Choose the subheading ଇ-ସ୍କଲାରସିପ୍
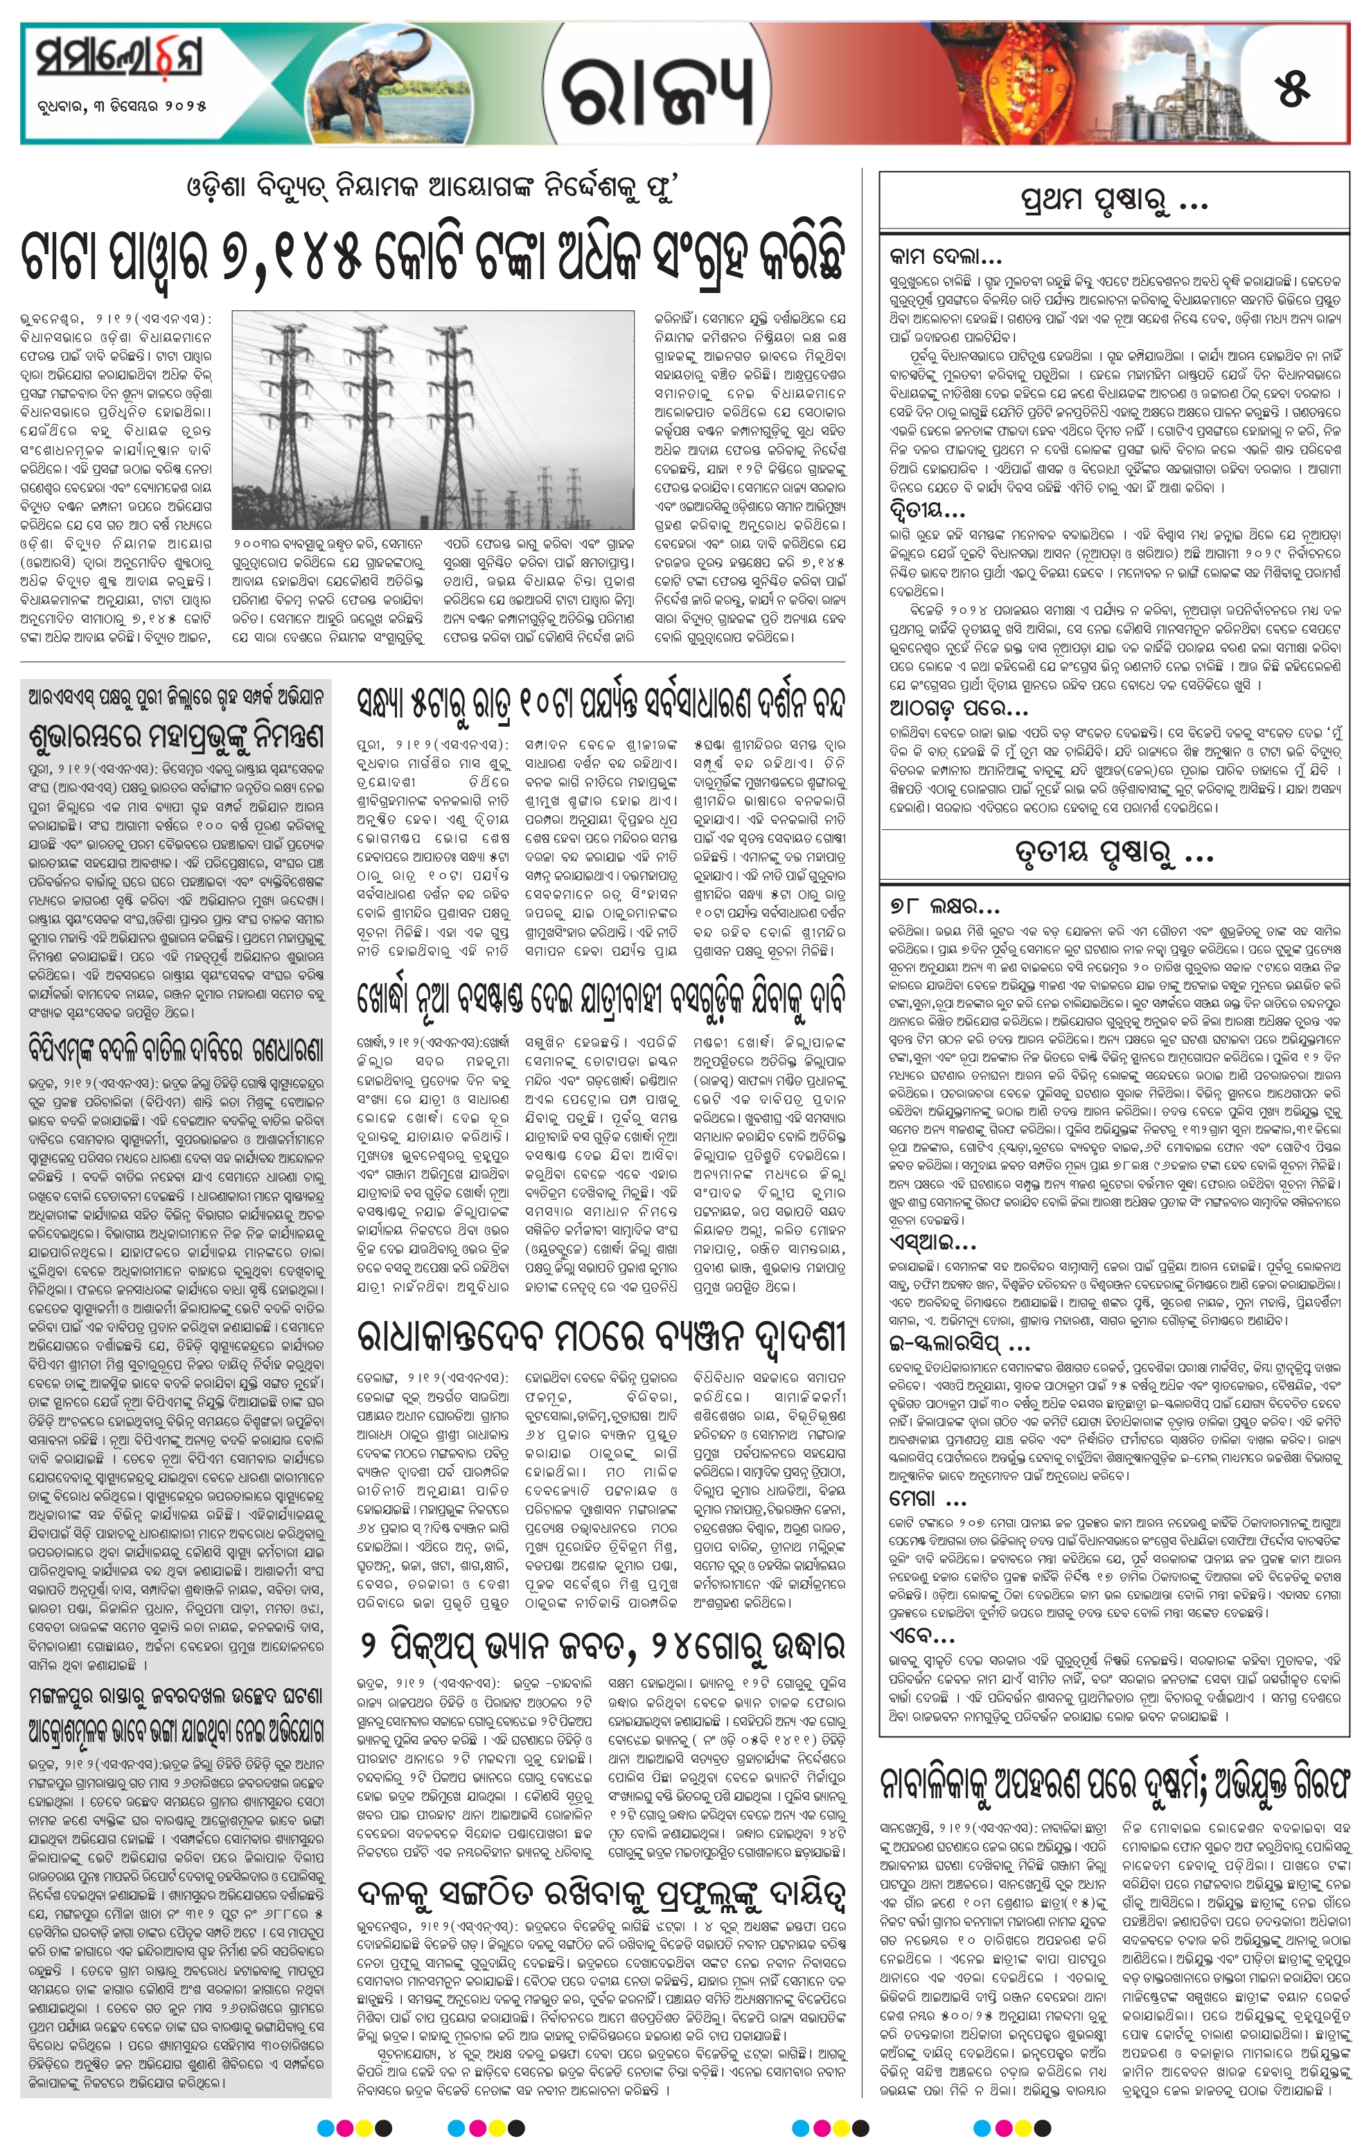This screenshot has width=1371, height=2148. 959,1343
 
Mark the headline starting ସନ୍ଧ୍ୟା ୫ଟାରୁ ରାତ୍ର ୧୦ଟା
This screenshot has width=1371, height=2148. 601,701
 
